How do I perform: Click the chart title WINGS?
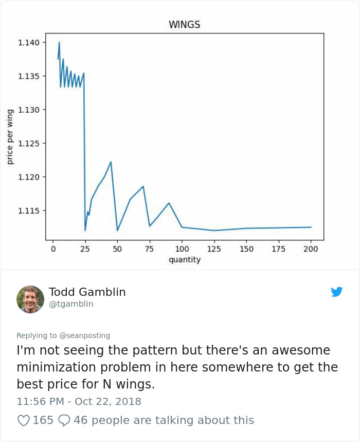[x=184, y=25]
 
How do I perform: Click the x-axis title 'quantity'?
[x=184, y=260]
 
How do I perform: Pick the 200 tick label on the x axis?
[x=311, y=249]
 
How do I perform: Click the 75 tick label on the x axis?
[x=149, y=249]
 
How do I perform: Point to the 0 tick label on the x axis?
[x=53, y=249]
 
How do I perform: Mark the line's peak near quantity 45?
[x=111, y=162]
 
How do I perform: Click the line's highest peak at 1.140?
[x=59, y=42]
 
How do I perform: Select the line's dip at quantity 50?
[x=117, y=230]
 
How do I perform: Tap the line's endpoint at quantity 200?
[x=311, y=227]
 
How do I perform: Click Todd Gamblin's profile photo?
[x=30, y=299]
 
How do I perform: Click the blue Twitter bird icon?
[x=336, y=292]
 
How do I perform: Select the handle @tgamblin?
[x=71, y=304]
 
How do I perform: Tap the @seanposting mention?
[x=85, y=335]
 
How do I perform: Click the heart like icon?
[x=24, y=420]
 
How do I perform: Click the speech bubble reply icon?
[x=64, y=420]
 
